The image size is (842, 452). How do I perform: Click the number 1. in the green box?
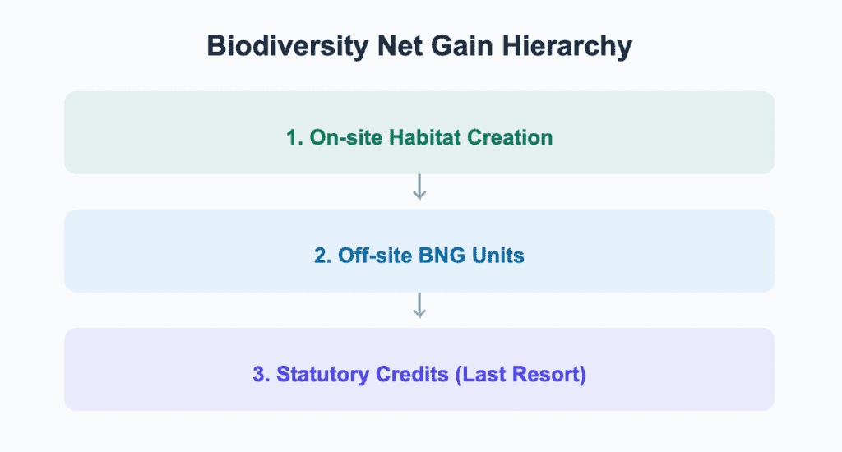(x=294, y=137)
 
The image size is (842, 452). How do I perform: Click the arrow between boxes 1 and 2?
(x=419, y=188)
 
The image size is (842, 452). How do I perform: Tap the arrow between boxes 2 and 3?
(x=419, y=307)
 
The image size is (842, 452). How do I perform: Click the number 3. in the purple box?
(x=261, y=374)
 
